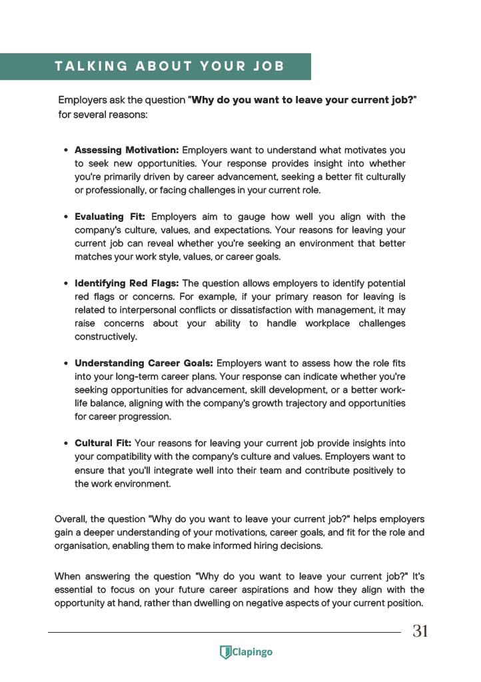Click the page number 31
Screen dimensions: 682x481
[x=420, y=631]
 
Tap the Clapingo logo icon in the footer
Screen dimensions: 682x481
[x=225, y=653]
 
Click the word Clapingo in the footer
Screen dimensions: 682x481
[x=252, y=653]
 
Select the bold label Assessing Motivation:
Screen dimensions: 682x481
[x=127, y=151]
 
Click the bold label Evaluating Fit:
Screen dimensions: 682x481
[x=110, y=217]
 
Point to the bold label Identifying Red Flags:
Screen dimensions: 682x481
[x=127, y=284]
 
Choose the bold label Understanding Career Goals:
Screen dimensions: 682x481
[x=143, y=364]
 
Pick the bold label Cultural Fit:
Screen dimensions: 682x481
[x=103, y=444]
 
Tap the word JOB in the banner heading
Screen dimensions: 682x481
[x=266, y=67]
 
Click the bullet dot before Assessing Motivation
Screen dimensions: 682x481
[x=66, y=151]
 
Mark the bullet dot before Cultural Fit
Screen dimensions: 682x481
[x=66, y=444]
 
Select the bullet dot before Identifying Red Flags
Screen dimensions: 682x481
[x=66, y=284]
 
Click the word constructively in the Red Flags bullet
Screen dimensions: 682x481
[x=105, y=337]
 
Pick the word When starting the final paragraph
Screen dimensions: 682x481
[x=67, y=577]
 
